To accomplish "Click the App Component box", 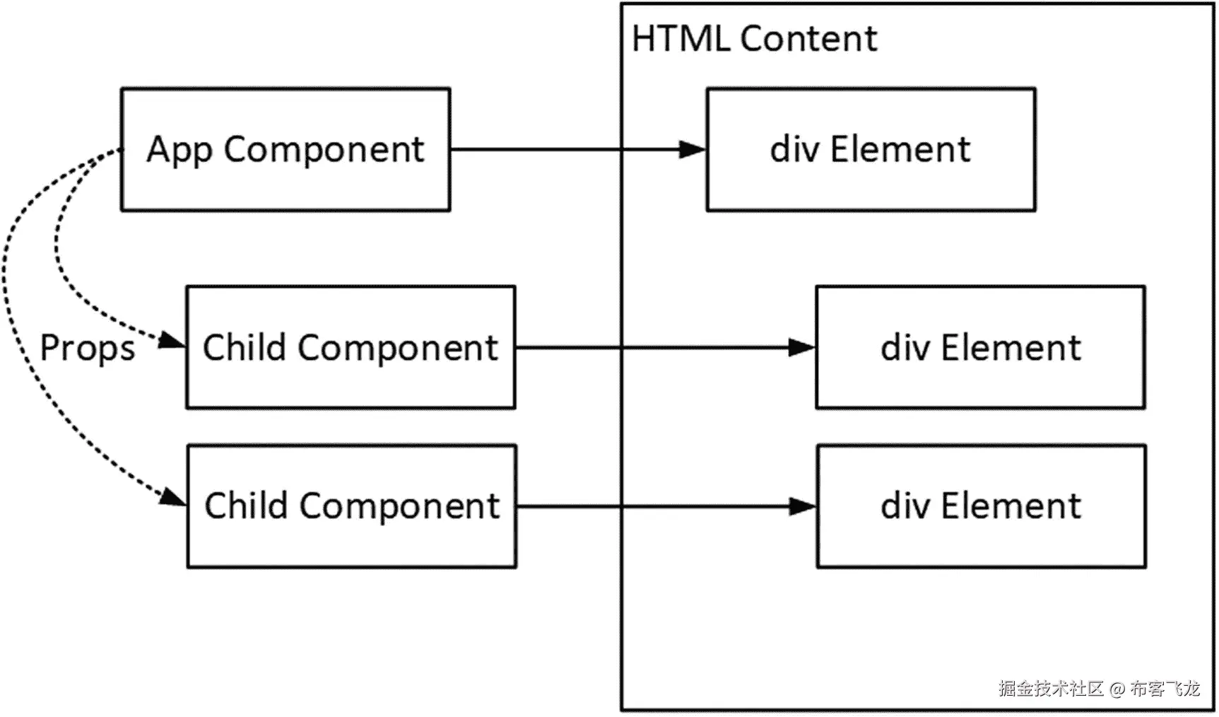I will pos(285,149).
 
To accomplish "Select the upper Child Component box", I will pos(351,347).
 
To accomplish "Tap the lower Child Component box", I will pos(352,506).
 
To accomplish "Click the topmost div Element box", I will pos(871,149).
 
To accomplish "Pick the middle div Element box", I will pos(980,347).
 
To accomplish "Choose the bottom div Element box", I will pos(981,506).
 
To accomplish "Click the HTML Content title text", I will pos(754,38).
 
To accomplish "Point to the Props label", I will pos(87,348).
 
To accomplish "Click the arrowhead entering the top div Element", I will pos(692,149).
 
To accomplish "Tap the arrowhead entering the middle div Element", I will pos(801,347).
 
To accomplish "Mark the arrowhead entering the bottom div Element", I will pos(802,506).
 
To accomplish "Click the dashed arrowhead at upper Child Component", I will pos(172,342).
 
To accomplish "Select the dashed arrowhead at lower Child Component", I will pos(172,497).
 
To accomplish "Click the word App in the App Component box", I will pos(179,151).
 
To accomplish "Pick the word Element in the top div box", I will pos(900,149).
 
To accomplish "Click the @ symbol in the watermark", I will pos(1117,688).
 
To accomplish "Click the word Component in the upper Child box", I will pos(398,349).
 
